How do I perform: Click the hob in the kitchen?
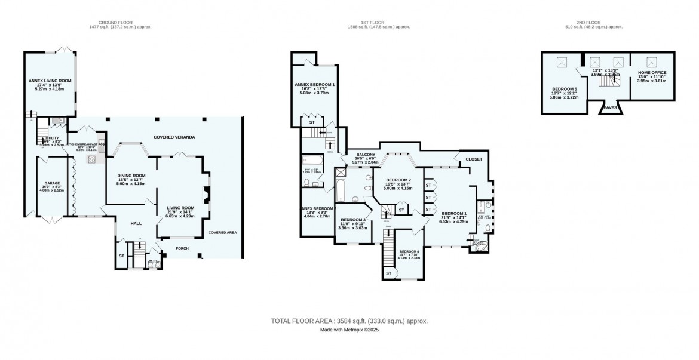pos(92,159)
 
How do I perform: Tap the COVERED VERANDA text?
pos(174,137)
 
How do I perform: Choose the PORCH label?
pos(181,248)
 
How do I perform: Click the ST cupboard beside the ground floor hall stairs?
pos(122,256)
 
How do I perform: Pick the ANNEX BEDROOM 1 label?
pos(314,85)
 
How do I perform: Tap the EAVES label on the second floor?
pos(609,108)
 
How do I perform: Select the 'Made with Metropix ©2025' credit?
pos(349,330)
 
